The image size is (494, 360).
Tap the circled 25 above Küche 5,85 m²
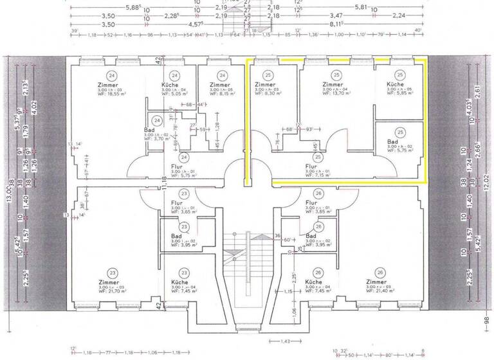399,75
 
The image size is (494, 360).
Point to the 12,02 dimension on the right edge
486,183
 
